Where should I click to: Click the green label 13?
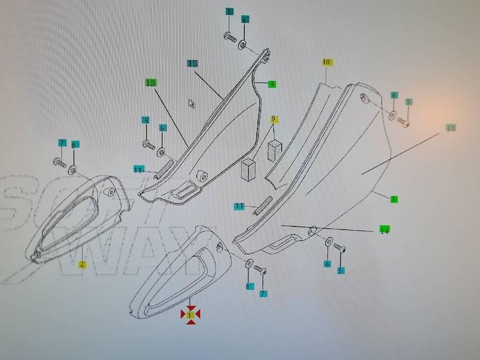(x=151, y=83)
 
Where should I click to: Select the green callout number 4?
(x=272, y=84)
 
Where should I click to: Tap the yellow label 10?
(x=326, y=62)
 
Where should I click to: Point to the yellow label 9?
(x=274, y=119)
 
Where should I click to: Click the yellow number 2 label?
(x=83, y=264)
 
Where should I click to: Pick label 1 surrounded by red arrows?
(x=191, y=315)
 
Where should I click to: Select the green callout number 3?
(x=393, y=199)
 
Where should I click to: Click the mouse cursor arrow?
(x=191, y=103)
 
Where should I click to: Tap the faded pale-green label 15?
(x=451, y=128)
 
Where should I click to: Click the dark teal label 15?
(x=192, y=63)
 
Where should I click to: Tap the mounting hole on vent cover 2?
(x=111, y=192)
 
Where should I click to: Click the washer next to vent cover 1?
(x=250, y=264)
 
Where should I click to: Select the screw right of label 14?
(x=339, y=249)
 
